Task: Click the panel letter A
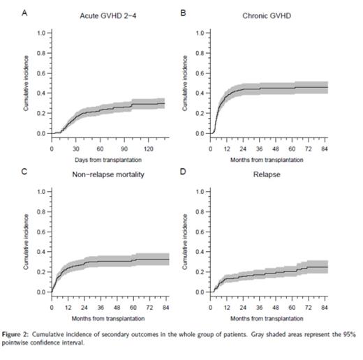pos(26,12)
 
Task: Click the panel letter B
pos(183,12)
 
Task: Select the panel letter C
pos(26,170)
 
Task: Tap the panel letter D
pos(183,170)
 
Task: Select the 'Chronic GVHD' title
pos(269,16)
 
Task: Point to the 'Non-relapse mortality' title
pos(108,174)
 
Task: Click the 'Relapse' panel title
pos(269,174)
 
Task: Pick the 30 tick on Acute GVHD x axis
pos(75,149)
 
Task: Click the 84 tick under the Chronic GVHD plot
pos(324,149)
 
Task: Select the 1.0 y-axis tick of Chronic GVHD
pos(200,33)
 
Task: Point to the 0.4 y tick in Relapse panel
pos(200,252)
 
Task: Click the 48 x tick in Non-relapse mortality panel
pos(116,307)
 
